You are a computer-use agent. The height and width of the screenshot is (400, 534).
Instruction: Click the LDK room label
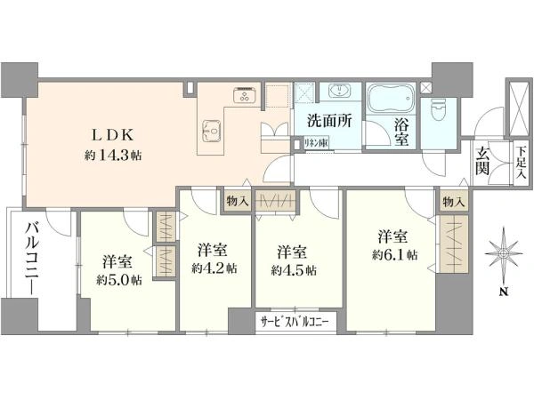112,135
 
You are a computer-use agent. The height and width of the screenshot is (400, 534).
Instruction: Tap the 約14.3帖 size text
113,156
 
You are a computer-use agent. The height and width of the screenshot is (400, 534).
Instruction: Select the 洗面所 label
329,120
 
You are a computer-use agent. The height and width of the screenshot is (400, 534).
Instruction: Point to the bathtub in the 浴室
391,98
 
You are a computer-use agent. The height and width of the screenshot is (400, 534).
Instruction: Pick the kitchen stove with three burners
244,94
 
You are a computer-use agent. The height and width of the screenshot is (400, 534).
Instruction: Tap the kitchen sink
213,131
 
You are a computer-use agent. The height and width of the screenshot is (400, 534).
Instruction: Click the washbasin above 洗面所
339,91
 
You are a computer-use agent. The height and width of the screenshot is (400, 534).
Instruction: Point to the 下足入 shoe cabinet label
520,163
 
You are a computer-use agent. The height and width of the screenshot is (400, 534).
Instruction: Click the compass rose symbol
504,254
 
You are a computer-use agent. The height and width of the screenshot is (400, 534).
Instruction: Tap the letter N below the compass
504,292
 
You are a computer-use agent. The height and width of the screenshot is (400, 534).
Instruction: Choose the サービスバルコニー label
295,322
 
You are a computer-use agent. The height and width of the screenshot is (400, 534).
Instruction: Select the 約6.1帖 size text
394,255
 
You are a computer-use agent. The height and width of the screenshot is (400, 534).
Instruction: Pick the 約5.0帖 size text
119,280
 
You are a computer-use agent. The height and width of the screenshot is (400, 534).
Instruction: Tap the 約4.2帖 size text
214,268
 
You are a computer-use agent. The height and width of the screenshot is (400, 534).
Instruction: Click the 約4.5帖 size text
294,270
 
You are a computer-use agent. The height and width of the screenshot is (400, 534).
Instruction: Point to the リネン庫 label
316,143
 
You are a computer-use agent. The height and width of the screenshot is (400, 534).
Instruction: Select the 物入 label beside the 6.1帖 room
454,203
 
